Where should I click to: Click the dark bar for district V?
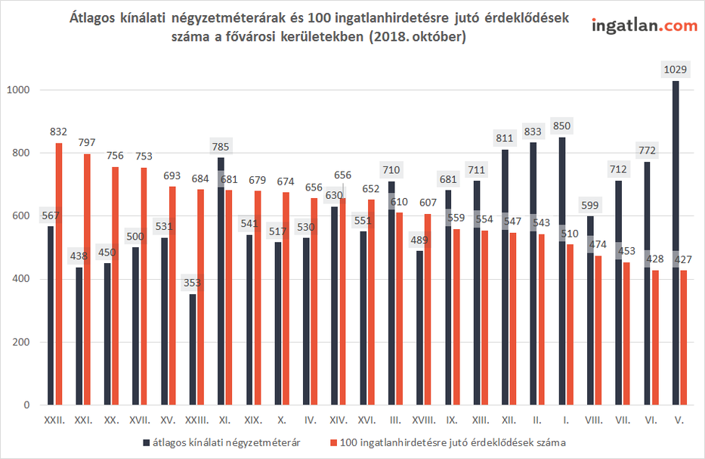[676, 242]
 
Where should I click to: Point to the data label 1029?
[675, 70]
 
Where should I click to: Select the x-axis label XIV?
[339, 418]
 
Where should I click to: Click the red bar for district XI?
[229, 310]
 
